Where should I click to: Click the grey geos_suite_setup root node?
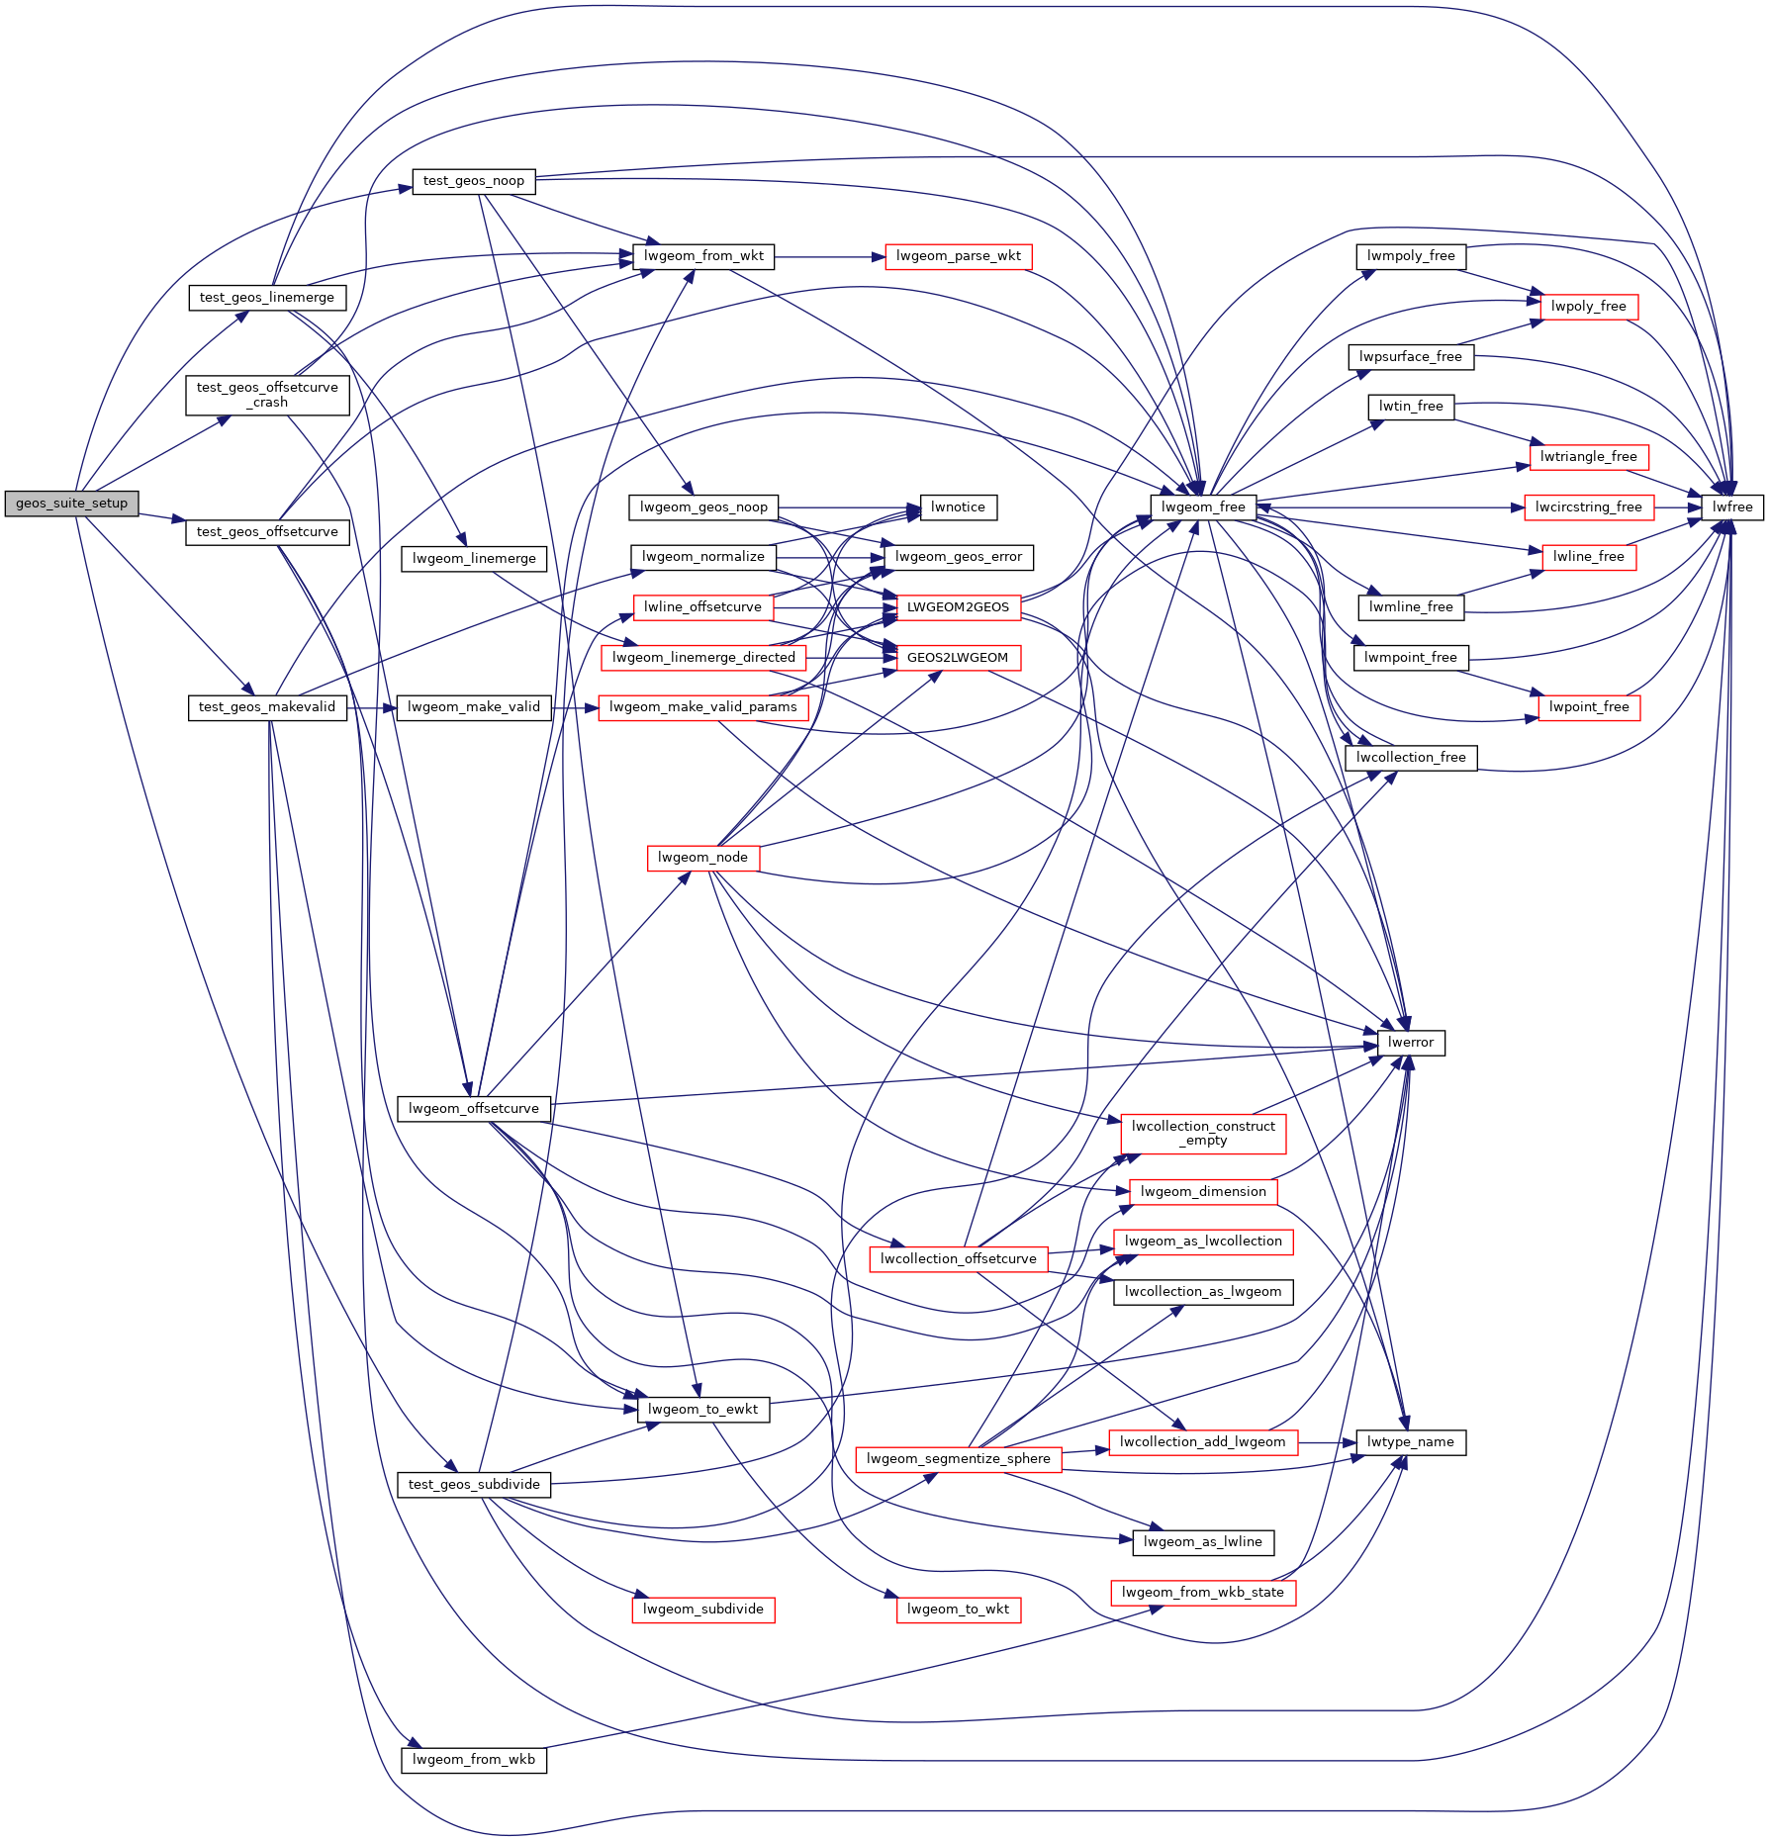[x=71, y=504]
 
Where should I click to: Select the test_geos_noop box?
[x=473, y=181]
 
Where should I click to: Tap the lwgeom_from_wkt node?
[x=703, y=256]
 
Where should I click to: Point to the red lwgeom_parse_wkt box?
[x=958, y=256]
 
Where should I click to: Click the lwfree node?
[x=1732, y=507]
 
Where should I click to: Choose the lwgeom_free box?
[x=1203, y=507]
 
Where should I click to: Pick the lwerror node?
[x=1410, y=1043]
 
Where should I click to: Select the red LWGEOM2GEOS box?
[x=958, y=607]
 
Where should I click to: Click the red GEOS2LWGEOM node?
[x=958, y=658]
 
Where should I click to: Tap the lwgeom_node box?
[x=702, y=858]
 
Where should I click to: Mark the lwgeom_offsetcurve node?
[x=473, y=1109]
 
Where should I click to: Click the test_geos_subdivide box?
[x=474, y=1485]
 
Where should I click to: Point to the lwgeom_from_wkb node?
[x=473, y=1760]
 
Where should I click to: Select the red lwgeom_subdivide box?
[x=702, y=1610]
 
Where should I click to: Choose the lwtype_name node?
[x=1410, y=1442]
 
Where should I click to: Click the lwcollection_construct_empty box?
[x=1203, y=1134]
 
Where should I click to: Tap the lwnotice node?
[x=958, y=507]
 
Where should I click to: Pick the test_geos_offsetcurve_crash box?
[x=267, y=396]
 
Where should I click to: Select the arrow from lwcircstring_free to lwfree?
[x=1678, y=507]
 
